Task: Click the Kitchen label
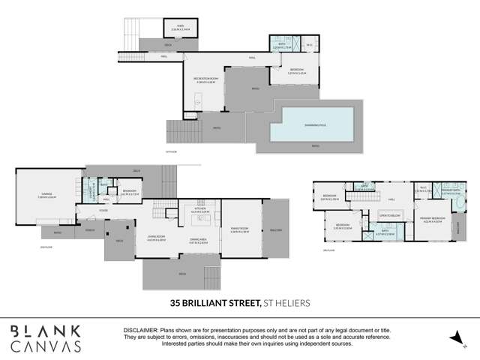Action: [199, 211]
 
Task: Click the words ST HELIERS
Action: [286, 302]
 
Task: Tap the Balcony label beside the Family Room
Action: [275, 230]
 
